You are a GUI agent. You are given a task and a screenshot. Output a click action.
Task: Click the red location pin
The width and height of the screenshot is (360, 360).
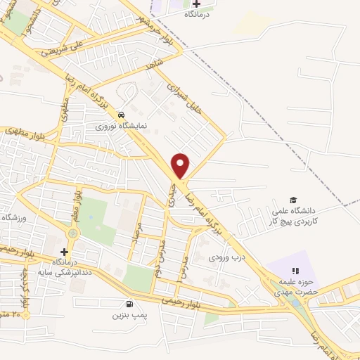point(181,165)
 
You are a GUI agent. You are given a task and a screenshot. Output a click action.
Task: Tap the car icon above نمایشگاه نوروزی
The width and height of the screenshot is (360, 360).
point(122,114)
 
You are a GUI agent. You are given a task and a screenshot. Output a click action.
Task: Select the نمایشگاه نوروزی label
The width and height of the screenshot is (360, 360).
point(122,127)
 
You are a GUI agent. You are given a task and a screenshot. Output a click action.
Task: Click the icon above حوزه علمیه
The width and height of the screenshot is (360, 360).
point(295,271)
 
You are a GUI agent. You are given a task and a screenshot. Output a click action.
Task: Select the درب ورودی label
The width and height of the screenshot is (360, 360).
point(224,257)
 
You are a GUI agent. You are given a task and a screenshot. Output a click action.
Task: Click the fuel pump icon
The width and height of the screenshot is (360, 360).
point(128,304)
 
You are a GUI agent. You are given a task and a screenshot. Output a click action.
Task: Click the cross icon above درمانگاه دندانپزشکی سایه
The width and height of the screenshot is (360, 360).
point(64,251)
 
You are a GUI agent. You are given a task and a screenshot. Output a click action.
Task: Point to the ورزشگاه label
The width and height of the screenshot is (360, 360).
point(13,218)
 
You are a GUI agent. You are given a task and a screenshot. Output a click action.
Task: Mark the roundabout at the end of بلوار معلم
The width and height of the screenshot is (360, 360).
point(72,231)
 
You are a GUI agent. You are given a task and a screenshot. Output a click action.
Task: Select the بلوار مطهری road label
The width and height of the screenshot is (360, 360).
point(22,131)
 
